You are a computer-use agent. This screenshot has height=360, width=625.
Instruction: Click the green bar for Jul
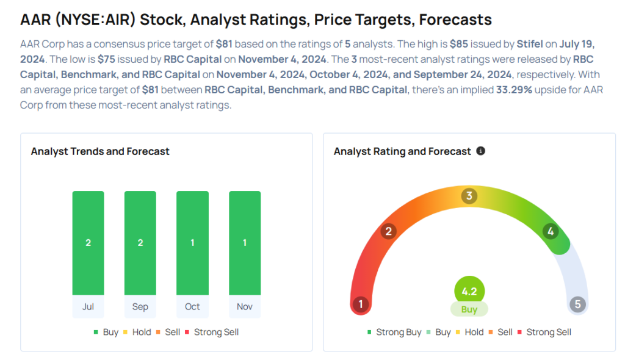pyautogui.click(x=88, y=243)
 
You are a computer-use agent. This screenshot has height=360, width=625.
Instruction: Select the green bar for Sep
pyautogui.click(x=140, y=243)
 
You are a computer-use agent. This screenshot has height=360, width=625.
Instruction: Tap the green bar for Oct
pyautogui.click(x=192, y=243)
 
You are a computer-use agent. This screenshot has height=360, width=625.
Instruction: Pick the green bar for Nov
pyautogui.click(x=245, y=243)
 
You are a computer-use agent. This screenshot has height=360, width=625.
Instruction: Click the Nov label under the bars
pyautogui.click(x=245, y=306)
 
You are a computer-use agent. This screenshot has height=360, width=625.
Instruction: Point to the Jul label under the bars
pyautogui.click(x=88, y=306)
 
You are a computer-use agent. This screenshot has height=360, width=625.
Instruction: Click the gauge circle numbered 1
pyautogui.click(x=361, y=304)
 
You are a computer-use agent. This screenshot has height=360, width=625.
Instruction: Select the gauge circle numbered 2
pyautogui.click(x=388, y=231)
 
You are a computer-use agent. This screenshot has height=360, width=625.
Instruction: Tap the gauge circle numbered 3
pyautogui.click(x=469, y=196)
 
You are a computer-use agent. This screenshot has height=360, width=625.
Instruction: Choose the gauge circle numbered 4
pyautogui.click(x=551, y=231)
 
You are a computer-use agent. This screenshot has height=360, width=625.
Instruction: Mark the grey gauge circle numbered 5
pyautogui.click(x=577, y=304)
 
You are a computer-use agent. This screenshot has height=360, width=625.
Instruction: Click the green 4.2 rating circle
pyautogui.click(x=469, y=291)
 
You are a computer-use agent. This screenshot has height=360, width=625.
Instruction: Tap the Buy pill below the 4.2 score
pyautogui.click(x=469, y=309)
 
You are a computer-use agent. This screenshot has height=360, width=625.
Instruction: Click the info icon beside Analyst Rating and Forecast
pyautogui.click(x=481, y=151)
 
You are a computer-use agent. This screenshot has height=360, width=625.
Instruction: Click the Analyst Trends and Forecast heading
pyautogui.click(x=100, y=151)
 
